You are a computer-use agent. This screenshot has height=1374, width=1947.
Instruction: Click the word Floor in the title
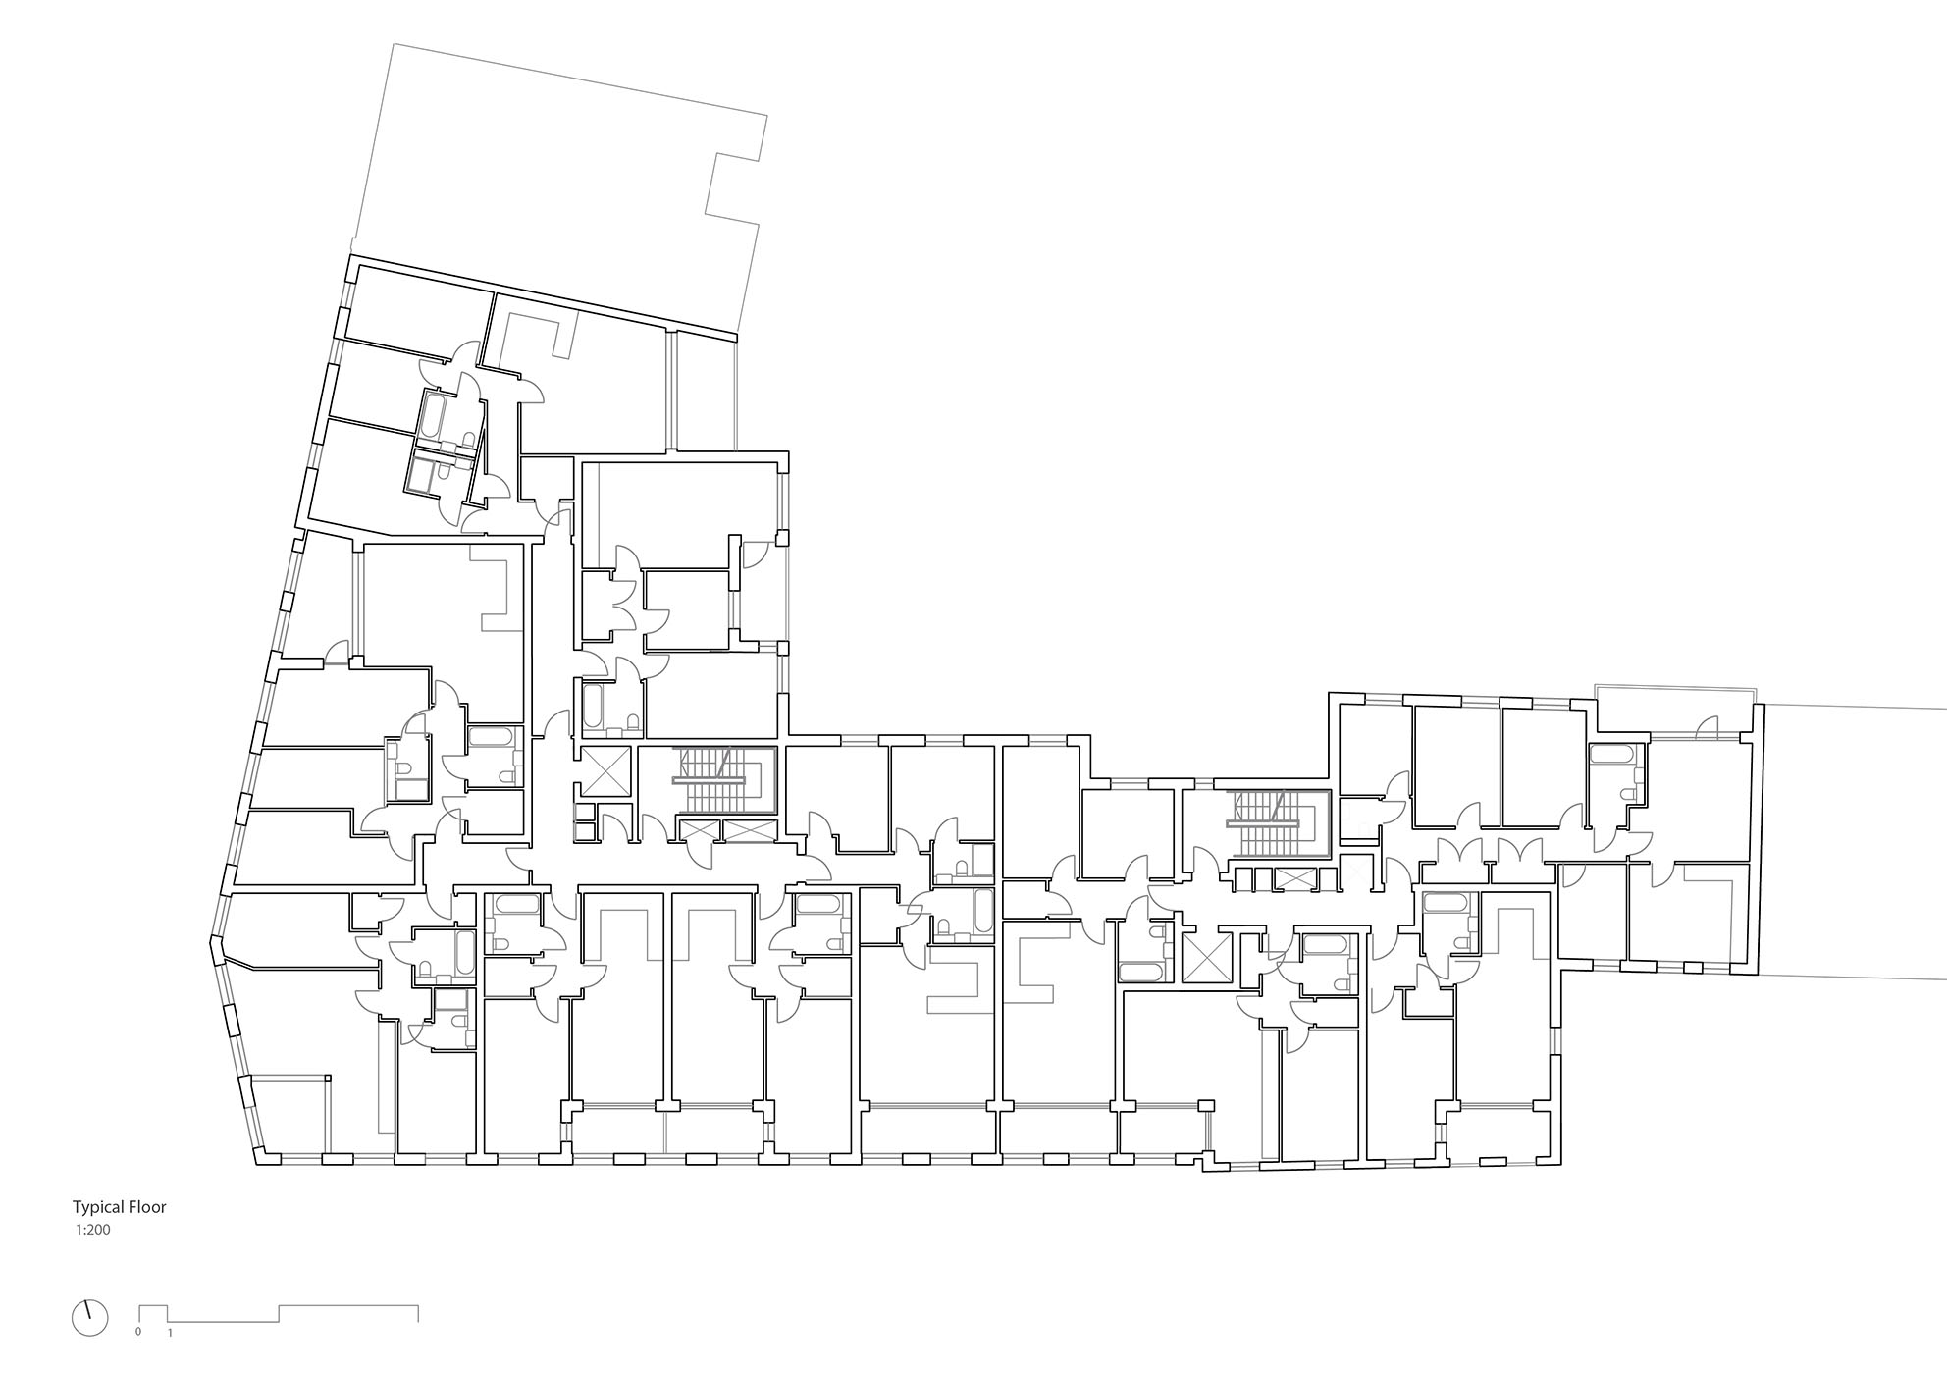[147, 1207]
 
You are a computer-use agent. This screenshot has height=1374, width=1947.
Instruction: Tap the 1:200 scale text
[92, 1229]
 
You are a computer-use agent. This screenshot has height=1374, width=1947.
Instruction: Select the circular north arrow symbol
[89, 1318]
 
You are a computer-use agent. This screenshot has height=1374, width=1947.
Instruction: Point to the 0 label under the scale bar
[138, 1333]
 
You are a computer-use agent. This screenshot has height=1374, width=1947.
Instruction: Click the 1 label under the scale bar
[170, 1333]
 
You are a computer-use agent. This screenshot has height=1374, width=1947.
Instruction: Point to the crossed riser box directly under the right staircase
[1290, 879]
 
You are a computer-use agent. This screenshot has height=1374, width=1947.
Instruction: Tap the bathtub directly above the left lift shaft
[593, 706]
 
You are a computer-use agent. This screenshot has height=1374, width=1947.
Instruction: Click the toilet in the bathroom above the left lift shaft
[632, 724]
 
